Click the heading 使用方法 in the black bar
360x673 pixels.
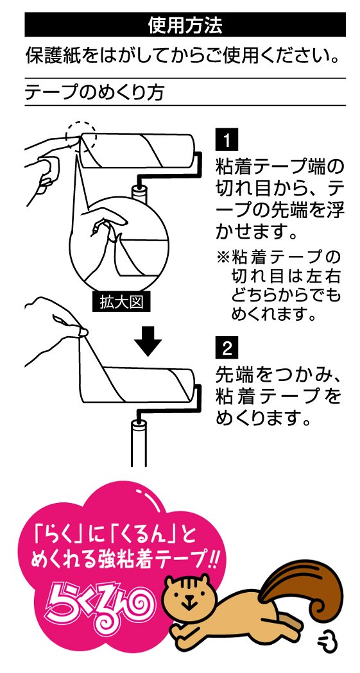[x=185, y=25]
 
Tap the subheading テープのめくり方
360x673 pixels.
[x=94, y=92]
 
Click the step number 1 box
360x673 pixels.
[x=226, y=140]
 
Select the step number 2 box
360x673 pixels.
[x=226, y=348]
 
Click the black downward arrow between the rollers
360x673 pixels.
[x=148, y=341]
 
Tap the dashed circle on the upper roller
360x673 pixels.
[x=81, y=136]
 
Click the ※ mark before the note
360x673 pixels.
[x=223, y=257]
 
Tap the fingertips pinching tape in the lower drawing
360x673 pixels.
[x=80, y=331]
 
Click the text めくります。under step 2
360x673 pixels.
[x=262, y=418]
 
